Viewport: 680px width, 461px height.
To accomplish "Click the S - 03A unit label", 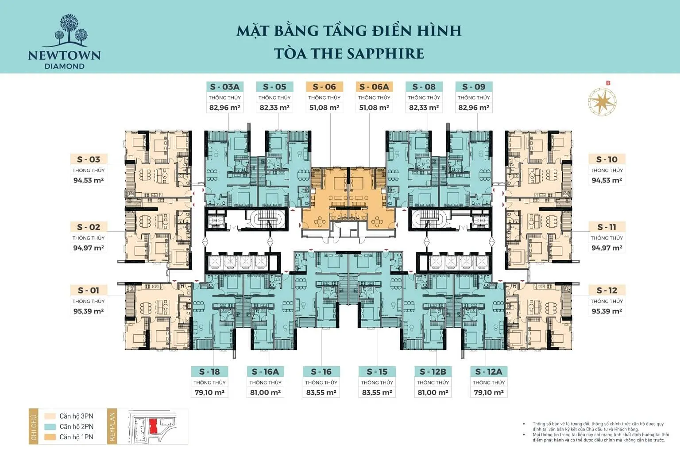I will (224, 87).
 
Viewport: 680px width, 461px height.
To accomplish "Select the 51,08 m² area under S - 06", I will (324, 108).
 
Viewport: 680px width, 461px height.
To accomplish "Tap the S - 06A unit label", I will (374, 87).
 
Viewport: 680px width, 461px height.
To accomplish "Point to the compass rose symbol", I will (602, 101).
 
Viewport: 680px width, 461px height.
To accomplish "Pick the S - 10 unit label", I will (607, 159).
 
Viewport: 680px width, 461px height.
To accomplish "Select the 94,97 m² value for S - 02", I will (89, 248).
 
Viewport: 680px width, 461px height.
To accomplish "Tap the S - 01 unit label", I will (89, 291).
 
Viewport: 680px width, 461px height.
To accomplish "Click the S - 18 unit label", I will (209, 372).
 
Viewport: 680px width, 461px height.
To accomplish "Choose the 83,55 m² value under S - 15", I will (377, 392).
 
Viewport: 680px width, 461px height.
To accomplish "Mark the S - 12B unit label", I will (433, 372).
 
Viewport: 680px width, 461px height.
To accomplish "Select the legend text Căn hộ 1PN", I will (77, 437).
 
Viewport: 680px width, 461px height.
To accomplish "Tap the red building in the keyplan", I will (153, 426).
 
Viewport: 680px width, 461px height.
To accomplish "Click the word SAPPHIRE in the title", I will (386, 54).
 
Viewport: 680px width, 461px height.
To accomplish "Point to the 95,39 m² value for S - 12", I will (607, 311).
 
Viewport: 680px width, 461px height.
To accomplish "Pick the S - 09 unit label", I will (474, 87).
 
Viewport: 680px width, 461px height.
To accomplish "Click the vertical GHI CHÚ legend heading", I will (34, 426).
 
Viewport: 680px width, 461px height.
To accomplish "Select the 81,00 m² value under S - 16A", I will (265, 392).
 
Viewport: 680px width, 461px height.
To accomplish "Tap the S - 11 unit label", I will (607, 227).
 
